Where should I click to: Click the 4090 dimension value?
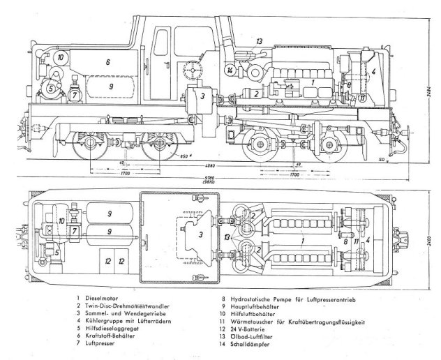click(219, 166)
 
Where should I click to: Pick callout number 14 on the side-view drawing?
click(230, 70)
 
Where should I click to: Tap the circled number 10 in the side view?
click(61, 57)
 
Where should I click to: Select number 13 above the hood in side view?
click(259, 41)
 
